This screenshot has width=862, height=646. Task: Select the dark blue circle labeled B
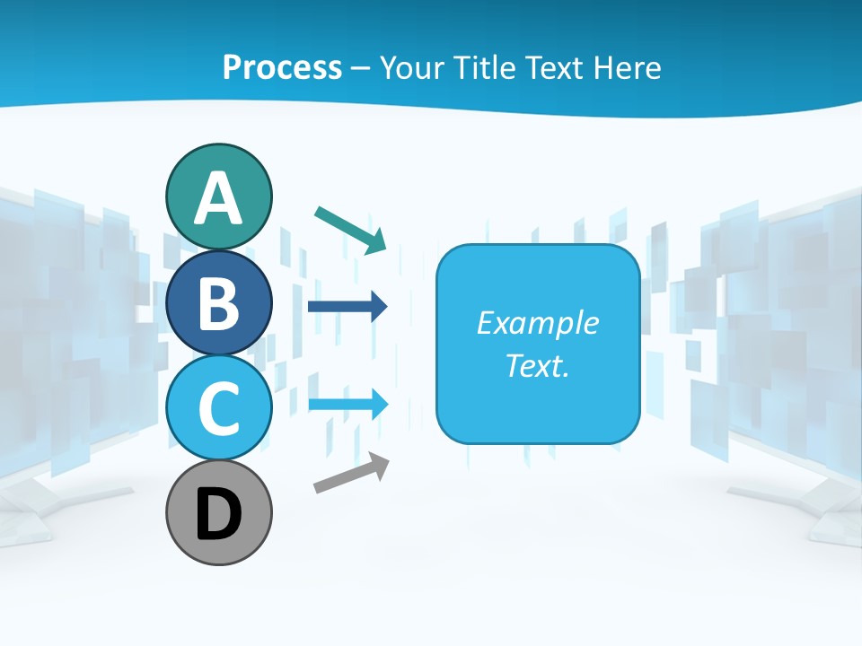218,302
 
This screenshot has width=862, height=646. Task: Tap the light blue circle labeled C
218,407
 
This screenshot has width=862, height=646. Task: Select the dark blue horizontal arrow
347,307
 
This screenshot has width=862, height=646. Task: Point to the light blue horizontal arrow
347,403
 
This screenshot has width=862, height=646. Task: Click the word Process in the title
282,67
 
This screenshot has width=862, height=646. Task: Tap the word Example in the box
537,323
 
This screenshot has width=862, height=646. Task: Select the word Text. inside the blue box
537,365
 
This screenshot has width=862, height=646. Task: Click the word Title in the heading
483,67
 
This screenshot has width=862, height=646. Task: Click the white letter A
218,199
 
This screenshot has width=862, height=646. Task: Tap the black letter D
218,515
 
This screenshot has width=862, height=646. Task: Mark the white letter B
218,303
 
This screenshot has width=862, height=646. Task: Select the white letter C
218,408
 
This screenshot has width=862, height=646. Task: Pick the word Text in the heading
554,67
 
